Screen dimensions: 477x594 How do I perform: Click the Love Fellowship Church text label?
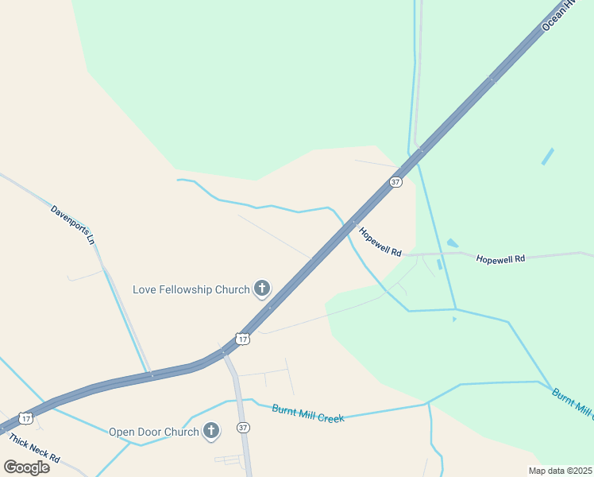191,289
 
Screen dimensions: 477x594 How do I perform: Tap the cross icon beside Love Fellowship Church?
262,289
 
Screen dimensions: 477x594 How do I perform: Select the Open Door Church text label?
154,432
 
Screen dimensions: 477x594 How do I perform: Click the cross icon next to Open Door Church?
211,432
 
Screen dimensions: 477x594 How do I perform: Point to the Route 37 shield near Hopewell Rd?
395,182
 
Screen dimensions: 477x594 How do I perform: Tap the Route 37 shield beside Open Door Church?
244,428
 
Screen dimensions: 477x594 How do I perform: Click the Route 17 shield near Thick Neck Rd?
26,417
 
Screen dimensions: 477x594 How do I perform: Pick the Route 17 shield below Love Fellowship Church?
243,339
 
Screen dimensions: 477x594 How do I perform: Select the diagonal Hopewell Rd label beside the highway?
380,242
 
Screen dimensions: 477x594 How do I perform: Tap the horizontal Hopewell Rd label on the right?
500,258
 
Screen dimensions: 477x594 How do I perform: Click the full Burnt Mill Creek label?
308,413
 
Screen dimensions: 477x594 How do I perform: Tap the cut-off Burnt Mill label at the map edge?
573,404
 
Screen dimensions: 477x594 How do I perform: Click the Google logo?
26,467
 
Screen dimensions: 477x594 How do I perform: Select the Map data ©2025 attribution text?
561,471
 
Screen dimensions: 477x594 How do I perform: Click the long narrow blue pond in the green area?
548,156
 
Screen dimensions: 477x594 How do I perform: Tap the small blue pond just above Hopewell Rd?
452,243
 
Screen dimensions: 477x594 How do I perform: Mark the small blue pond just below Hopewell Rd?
439,265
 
